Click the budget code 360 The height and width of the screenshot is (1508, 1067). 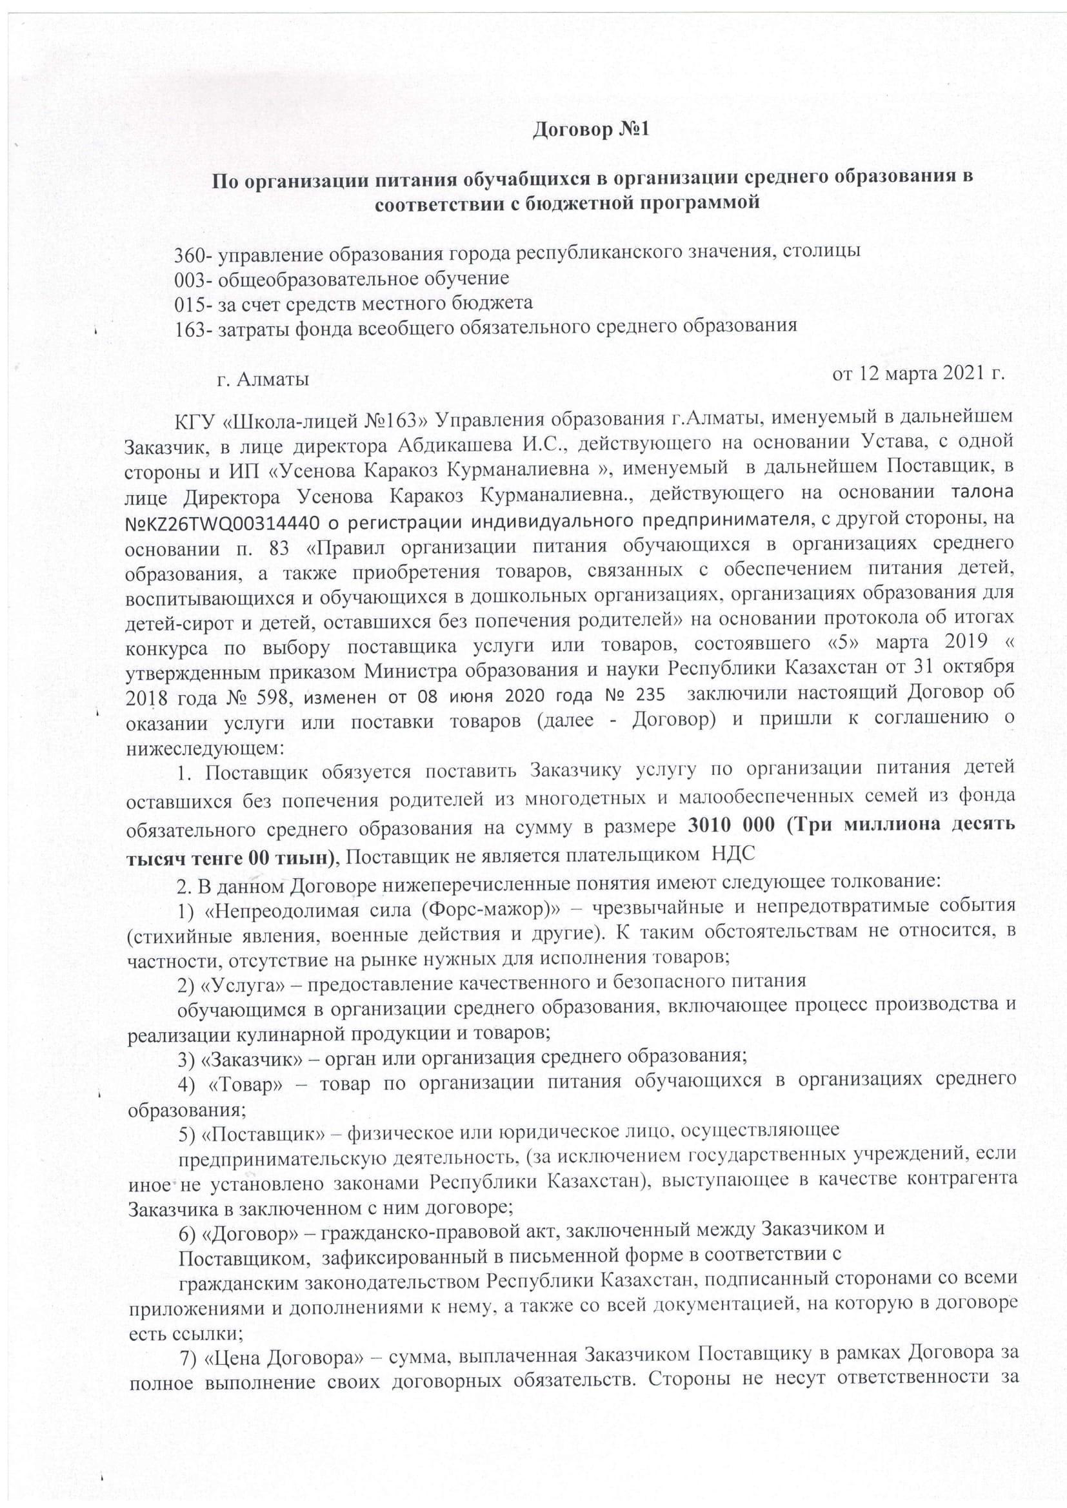(187, 253)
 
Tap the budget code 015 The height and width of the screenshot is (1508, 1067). (188, 303)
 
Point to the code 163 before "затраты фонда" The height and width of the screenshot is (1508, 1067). (188, 326)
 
